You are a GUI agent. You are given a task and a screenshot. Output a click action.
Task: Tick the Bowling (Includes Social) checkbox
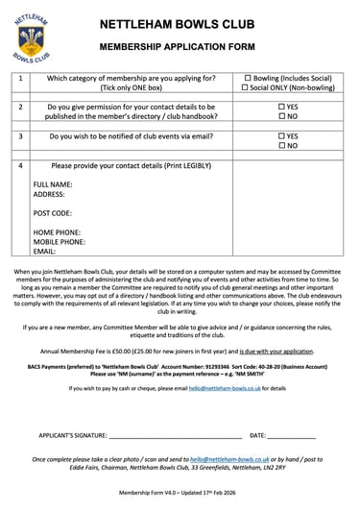pyautogui.click(x=249, y=78)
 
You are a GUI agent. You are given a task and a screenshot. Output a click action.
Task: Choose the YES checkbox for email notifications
pyautogui.click(x=281, y=136)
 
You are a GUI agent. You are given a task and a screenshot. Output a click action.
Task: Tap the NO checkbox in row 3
pyautogui.click(x=281, y=146)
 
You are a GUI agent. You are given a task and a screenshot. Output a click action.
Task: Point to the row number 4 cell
pyautogui.click(x=21, y=166)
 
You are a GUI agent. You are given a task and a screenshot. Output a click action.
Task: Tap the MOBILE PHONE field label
pyautogui.click(x=60, y=242)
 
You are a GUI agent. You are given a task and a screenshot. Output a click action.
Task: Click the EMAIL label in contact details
pyautogui.click(x=44, y=252)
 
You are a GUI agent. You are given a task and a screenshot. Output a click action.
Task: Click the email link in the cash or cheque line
pyautogui.click(x=224, y=389)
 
